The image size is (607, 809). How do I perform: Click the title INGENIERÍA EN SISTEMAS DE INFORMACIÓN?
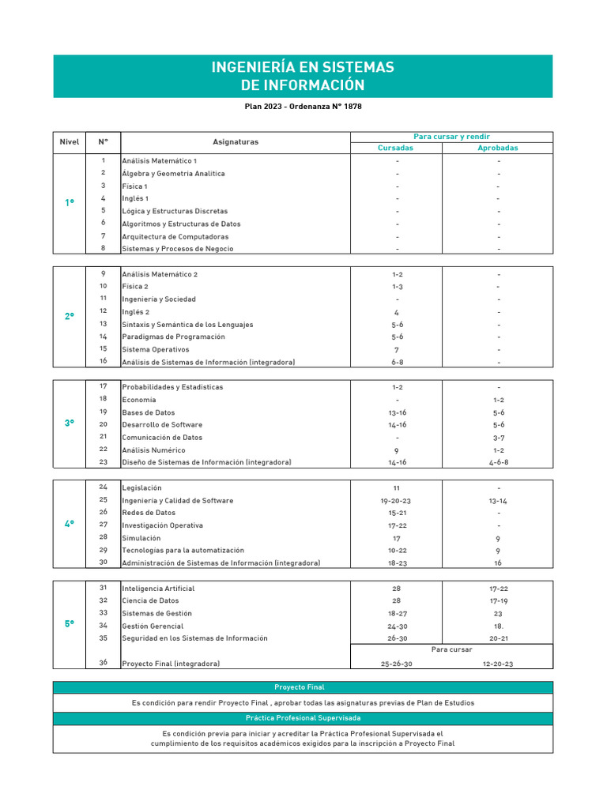point(303,76)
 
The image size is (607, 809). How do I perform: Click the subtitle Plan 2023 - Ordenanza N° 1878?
point(303,106)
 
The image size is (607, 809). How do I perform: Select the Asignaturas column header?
point(235,142)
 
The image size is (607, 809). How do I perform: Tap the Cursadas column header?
point(395,148)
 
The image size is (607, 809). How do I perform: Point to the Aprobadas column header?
point(498,148)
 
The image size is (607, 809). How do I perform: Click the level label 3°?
point(70,424)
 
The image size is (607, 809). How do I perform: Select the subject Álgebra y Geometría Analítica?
point(173,173)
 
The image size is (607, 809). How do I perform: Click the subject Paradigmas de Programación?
point(173,337)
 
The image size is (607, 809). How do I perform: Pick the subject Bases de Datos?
point(149,412)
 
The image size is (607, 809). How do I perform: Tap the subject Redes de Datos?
point(149,513)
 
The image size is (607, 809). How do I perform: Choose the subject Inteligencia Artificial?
point(158,589)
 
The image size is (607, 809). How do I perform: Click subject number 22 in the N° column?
point(103,450)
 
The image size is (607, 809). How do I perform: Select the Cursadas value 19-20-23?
point(396,500)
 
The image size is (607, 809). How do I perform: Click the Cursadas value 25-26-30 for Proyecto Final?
point(396,664)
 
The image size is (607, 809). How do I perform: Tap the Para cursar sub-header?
point(452,649)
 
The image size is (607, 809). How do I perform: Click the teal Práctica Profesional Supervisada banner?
point(303,718)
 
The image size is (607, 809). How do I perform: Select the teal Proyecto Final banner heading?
point(303,687)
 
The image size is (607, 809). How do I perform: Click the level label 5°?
point(70,623)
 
